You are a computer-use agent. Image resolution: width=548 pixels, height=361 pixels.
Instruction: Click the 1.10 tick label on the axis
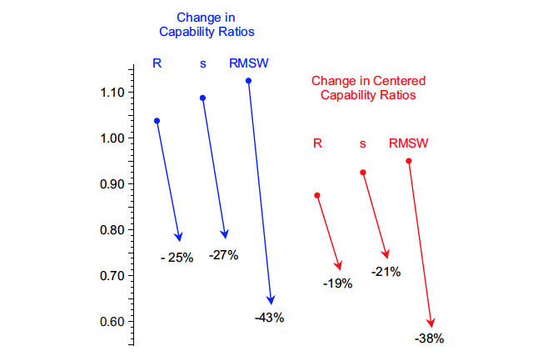[x=112, y=93]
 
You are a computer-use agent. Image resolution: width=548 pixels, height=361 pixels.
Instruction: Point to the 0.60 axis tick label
[x=112, y=322]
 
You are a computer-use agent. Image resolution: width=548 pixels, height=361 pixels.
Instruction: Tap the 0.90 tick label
[x=112, y=184]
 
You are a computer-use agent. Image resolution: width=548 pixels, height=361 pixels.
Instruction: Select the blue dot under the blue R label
[x=157, y=121]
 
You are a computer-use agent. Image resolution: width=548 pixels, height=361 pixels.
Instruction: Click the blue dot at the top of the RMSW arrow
[x=248, y=81]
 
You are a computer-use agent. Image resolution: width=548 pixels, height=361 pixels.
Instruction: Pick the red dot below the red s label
[x=362, y=173]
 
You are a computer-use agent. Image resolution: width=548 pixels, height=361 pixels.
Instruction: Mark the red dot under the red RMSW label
[x=408, y=161]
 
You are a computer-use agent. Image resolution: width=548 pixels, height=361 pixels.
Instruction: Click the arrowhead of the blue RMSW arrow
[x=270, y=300]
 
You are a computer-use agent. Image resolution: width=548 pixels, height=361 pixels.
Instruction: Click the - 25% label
[x=177, y=258]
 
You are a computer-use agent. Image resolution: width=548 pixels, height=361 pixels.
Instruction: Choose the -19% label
[x=337, y=283]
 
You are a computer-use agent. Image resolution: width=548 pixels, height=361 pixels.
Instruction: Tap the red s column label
[x=362, y=143]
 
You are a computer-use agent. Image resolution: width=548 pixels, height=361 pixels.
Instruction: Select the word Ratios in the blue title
[x=236, y=32]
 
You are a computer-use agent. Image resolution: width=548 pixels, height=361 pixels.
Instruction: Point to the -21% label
[x=386, y=271]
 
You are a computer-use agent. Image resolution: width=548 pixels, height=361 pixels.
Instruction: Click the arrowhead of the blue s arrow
[x=224, y=234]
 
